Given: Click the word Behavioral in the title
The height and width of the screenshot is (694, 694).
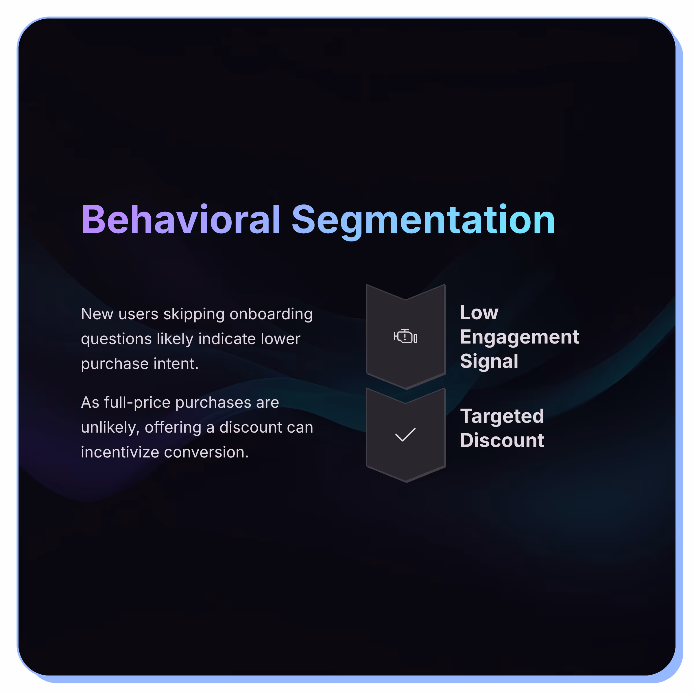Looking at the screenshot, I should pyautogui.click(x=181, y=219).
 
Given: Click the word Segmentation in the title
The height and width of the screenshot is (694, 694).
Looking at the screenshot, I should pyautogui.click(x=423, y=219).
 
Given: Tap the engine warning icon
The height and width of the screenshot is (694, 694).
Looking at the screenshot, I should pyautogui.click(x=405, y=337).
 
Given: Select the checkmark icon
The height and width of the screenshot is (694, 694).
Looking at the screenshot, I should pyautogui.click(x=405, y=434).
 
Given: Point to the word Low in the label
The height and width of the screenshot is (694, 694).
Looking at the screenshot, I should pyautogui.click(x=479, y=313).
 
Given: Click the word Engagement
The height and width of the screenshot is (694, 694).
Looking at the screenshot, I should pyautogui.click(x=519, y=337).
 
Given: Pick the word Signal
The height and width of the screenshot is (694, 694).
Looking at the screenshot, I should pyautogui.click(x=489, y=361).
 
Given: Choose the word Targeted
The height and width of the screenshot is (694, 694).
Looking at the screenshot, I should pyautogui.click(x=502, y=416).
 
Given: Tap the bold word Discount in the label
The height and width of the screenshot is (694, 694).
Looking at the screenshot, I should pyautogui.click(x=502, y=440).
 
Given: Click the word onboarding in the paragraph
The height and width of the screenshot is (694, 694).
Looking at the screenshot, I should pyautogui.click(x=271, y=314).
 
